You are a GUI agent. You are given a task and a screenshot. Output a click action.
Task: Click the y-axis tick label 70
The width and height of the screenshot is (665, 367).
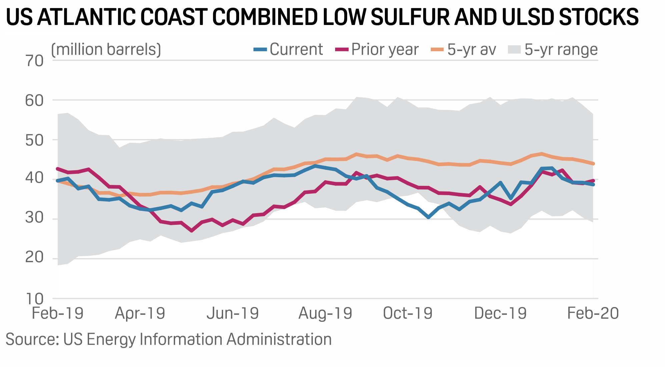tap(34, 61)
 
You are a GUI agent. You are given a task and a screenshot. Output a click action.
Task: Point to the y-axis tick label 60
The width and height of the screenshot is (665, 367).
tap(34, 101)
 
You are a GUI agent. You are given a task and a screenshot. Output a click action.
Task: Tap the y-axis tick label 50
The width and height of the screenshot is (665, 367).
tap(34, 140)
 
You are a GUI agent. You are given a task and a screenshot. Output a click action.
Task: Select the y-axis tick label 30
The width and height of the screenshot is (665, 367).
tap(34, 219)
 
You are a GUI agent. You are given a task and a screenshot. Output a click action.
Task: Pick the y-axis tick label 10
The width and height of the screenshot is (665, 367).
tap(34, 299)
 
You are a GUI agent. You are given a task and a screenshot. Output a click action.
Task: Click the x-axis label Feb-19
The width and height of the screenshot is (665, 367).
tap(57, 313)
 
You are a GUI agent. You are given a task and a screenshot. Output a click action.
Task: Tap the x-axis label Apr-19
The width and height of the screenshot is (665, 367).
tap(140, 313)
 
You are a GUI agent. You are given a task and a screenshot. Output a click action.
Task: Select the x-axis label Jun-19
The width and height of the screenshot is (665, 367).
tap(233, 313)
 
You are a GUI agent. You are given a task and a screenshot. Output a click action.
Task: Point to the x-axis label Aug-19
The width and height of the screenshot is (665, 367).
tap(325, 313)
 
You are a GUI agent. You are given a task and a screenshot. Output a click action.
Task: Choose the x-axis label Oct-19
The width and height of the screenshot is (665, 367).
tap(408, 313)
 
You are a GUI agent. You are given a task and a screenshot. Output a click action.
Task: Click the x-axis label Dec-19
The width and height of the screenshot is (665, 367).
tap(500, 313)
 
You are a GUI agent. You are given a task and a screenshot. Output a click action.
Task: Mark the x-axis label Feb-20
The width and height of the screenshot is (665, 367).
tap(593, 313)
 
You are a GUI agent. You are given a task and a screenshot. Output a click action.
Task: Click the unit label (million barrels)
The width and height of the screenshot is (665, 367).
tap(106, 50)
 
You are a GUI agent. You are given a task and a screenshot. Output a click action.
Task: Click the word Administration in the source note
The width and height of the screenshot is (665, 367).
tap(279, 339)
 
